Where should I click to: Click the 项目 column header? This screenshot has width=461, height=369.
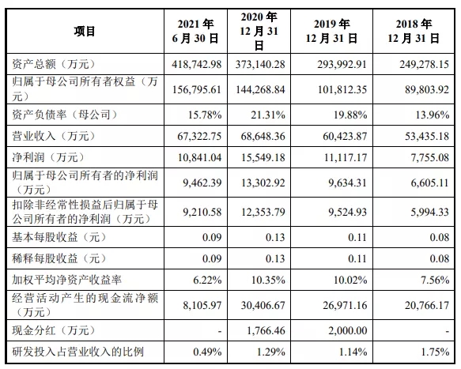pos(85,31)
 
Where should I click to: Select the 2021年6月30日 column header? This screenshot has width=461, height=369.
pos(195,31)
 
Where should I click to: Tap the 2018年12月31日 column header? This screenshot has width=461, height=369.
pos(414,31)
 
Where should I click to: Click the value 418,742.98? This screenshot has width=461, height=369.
pos(197,64)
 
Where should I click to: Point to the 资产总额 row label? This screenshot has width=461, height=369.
pos(54,64)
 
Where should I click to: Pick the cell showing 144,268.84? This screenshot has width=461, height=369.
pos(260,89)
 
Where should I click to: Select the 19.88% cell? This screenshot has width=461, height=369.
pos(350,115)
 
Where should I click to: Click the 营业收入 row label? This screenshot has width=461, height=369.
pos(54,136)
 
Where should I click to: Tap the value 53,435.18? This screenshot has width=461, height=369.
pos(427,136)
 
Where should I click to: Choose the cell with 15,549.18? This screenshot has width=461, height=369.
pos(263,157)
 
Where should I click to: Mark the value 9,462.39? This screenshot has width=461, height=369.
pos(202,183)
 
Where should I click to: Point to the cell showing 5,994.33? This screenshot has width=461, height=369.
pos(430,212)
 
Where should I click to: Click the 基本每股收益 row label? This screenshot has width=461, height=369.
pos(59,237)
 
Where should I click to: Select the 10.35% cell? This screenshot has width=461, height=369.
pos(268,280)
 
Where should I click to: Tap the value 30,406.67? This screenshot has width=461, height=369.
pos(263,305)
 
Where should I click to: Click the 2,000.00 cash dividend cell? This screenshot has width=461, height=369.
pos(348,330)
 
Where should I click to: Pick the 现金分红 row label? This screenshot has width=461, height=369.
pos(54,330)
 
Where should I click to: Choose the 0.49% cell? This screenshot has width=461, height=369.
pos(207,352)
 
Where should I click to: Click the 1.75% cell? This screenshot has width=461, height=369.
pos(435,352)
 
